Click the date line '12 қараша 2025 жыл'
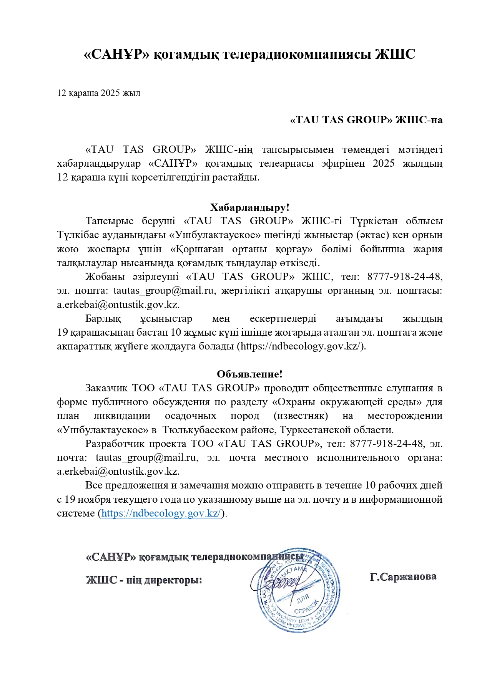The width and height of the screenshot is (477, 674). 98,93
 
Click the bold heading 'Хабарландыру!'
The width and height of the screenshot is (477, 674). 249,208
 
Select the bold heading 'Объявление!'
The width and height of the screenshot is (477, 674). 249,374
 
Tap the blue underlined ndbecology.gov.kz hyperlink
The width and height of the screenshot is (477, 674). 161,513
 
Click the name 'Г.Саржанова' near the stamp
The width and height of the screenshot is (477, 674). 403,577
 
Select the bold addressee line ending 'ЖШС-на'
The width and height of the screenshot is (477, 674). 366,120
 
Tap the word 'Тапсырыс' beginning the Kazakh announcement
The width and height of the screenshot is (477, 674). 110,221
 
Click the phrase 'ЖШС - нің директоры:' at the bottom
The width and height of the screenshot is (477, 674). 144,580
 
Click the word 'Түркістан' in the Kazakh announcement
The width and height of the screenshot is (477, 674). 369,221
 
